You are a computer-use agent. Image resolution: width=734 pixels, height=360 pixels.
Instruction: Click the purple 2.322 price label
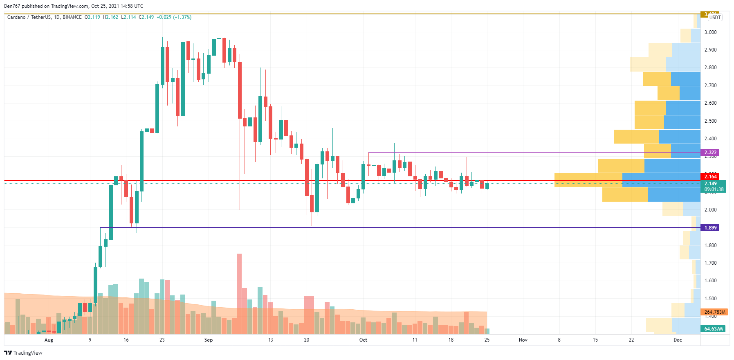[x=710, y=153]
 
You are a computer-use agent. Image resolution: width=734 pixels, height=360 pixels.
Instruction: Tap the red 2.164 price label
[x=710, y=177]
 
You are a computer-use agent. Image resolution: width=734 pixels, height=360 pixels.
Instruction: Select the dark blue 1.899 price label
[x=710, y=228]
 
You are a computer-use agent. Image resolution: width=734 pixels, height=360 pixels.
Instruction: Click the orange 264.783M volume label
[x=714, y=312]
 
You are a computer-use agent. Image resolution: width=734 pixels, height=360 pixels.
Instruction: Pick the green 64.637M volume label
[x=713, y=329]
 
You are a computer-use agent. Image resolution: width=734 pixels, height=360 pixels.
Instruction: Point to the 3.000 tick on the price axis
[x=710, y=32]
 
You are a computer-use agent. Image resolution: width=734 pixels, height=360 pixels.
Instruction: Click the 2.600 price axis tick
[x=710, y=103]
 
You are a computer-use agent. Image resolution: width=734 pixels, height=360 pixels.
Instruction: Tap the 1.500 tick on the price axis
[x=710, y=299]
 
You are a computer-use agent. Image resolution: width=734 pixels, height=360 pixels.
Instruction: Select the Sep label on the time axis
[x=209, y=340]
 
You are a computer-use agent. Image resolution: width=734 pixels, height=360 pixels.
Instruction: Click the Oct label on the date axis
[x=363, y=340]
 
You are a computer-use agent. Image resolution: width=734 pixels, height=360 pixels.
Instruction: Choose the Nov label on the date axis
[x=523, y=340]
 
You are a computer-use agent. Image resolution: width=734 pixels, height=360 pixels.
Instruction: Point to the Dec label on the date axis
[x=678, y=340]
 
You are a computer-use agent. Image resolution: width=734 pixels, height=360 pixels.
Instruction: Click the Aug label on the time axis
[x=49, y=340]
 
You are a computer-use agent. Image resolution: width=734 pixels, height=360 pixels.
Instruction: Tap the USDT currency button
[x=715, y=18]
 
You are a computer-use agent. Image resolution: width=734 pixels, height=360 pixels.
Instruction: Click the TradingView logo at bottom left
[x=23, y=353]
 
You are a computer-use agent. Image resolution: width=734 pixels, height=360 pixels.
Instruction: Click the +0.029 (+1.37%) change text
[x=174, y=17]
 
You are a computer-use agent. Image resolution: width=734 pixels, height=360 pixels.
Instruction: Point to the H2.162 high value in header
[x=110, y=17]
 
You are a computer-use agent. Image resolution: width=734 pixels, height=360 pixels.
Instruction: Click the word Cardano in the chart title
[x=16, y=17]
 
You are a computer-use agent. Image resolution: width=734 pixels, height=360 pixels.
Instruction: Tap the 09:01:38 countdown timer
[x=714, y=189]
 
